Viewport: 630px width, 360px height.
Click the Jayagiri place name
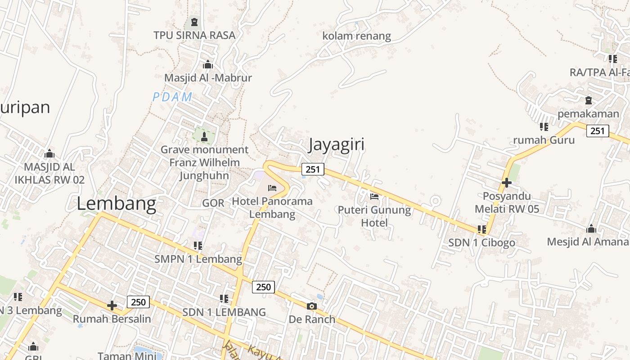[x=336, y=144]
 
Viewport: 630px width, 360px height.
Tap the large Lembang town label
[x=117, y=203]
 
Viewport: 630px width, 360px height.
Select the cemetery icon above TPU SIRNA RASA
[x=194, y=21]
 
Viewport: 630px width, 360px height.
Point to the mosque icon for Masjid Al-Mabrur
[x=208, y=64]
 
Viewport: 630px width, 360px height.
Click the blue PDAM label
[x=172, y=97]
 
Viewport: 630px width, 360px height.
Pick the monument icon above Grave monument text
[x=204, y=136]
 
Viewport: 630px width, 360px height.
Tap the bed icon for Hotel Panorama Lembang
[x=272, y=188]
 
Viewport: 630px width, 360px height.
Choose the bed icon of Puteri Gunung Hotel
[x=374, y=196]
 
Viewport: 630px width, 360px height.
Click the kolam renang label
[x=356, y=36]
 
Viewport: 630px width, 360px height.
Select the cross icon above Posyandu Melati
[x=507, y=183]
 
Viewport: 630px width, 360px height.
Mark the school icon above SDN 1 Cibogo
[x=482, y=229]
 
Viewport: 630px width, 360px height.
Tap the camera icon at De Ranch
[x=311, y=306]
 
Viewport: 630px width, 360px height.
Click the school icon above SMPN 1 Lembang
[x=198, y=245]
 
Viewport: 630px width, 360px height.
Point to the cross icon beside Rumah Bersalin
[x=112, y=306]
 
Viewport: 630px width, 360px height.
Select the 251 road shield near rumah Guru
[x=597, y=131]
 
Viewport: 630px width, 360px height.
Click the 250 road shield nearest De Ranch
[x=263, y=287]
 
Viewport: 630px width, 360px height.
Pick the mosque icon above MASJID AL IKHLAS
[x=49, y=153]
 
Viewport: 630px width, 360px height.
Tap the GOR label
[x=213, y=203]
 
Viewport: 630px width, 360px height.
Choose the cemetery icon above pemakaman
[x=588, y=100]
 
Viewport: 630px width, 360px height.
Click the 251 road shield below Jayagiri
[x=312, y=169]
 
